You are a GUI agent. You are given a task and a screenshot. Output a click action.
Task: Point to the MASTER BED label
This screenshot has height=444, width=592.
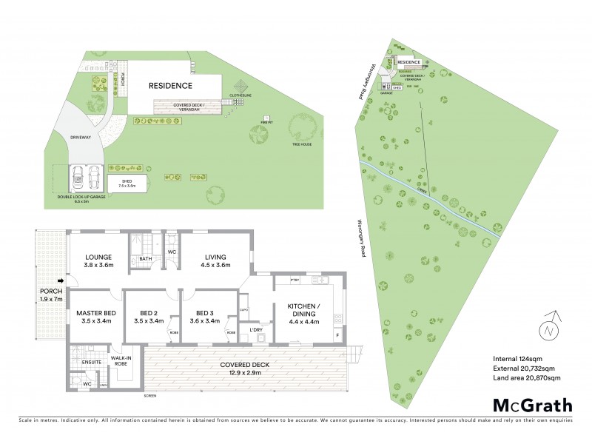[x=94, y=313]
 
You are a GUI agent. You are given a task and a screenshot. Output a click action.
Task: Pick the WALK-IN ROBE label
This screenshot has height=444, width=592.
[x=121, y=360]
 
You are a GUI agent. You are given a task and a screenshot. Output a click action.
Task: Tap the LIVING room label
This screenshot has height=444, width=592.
[x=215, y=258]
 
